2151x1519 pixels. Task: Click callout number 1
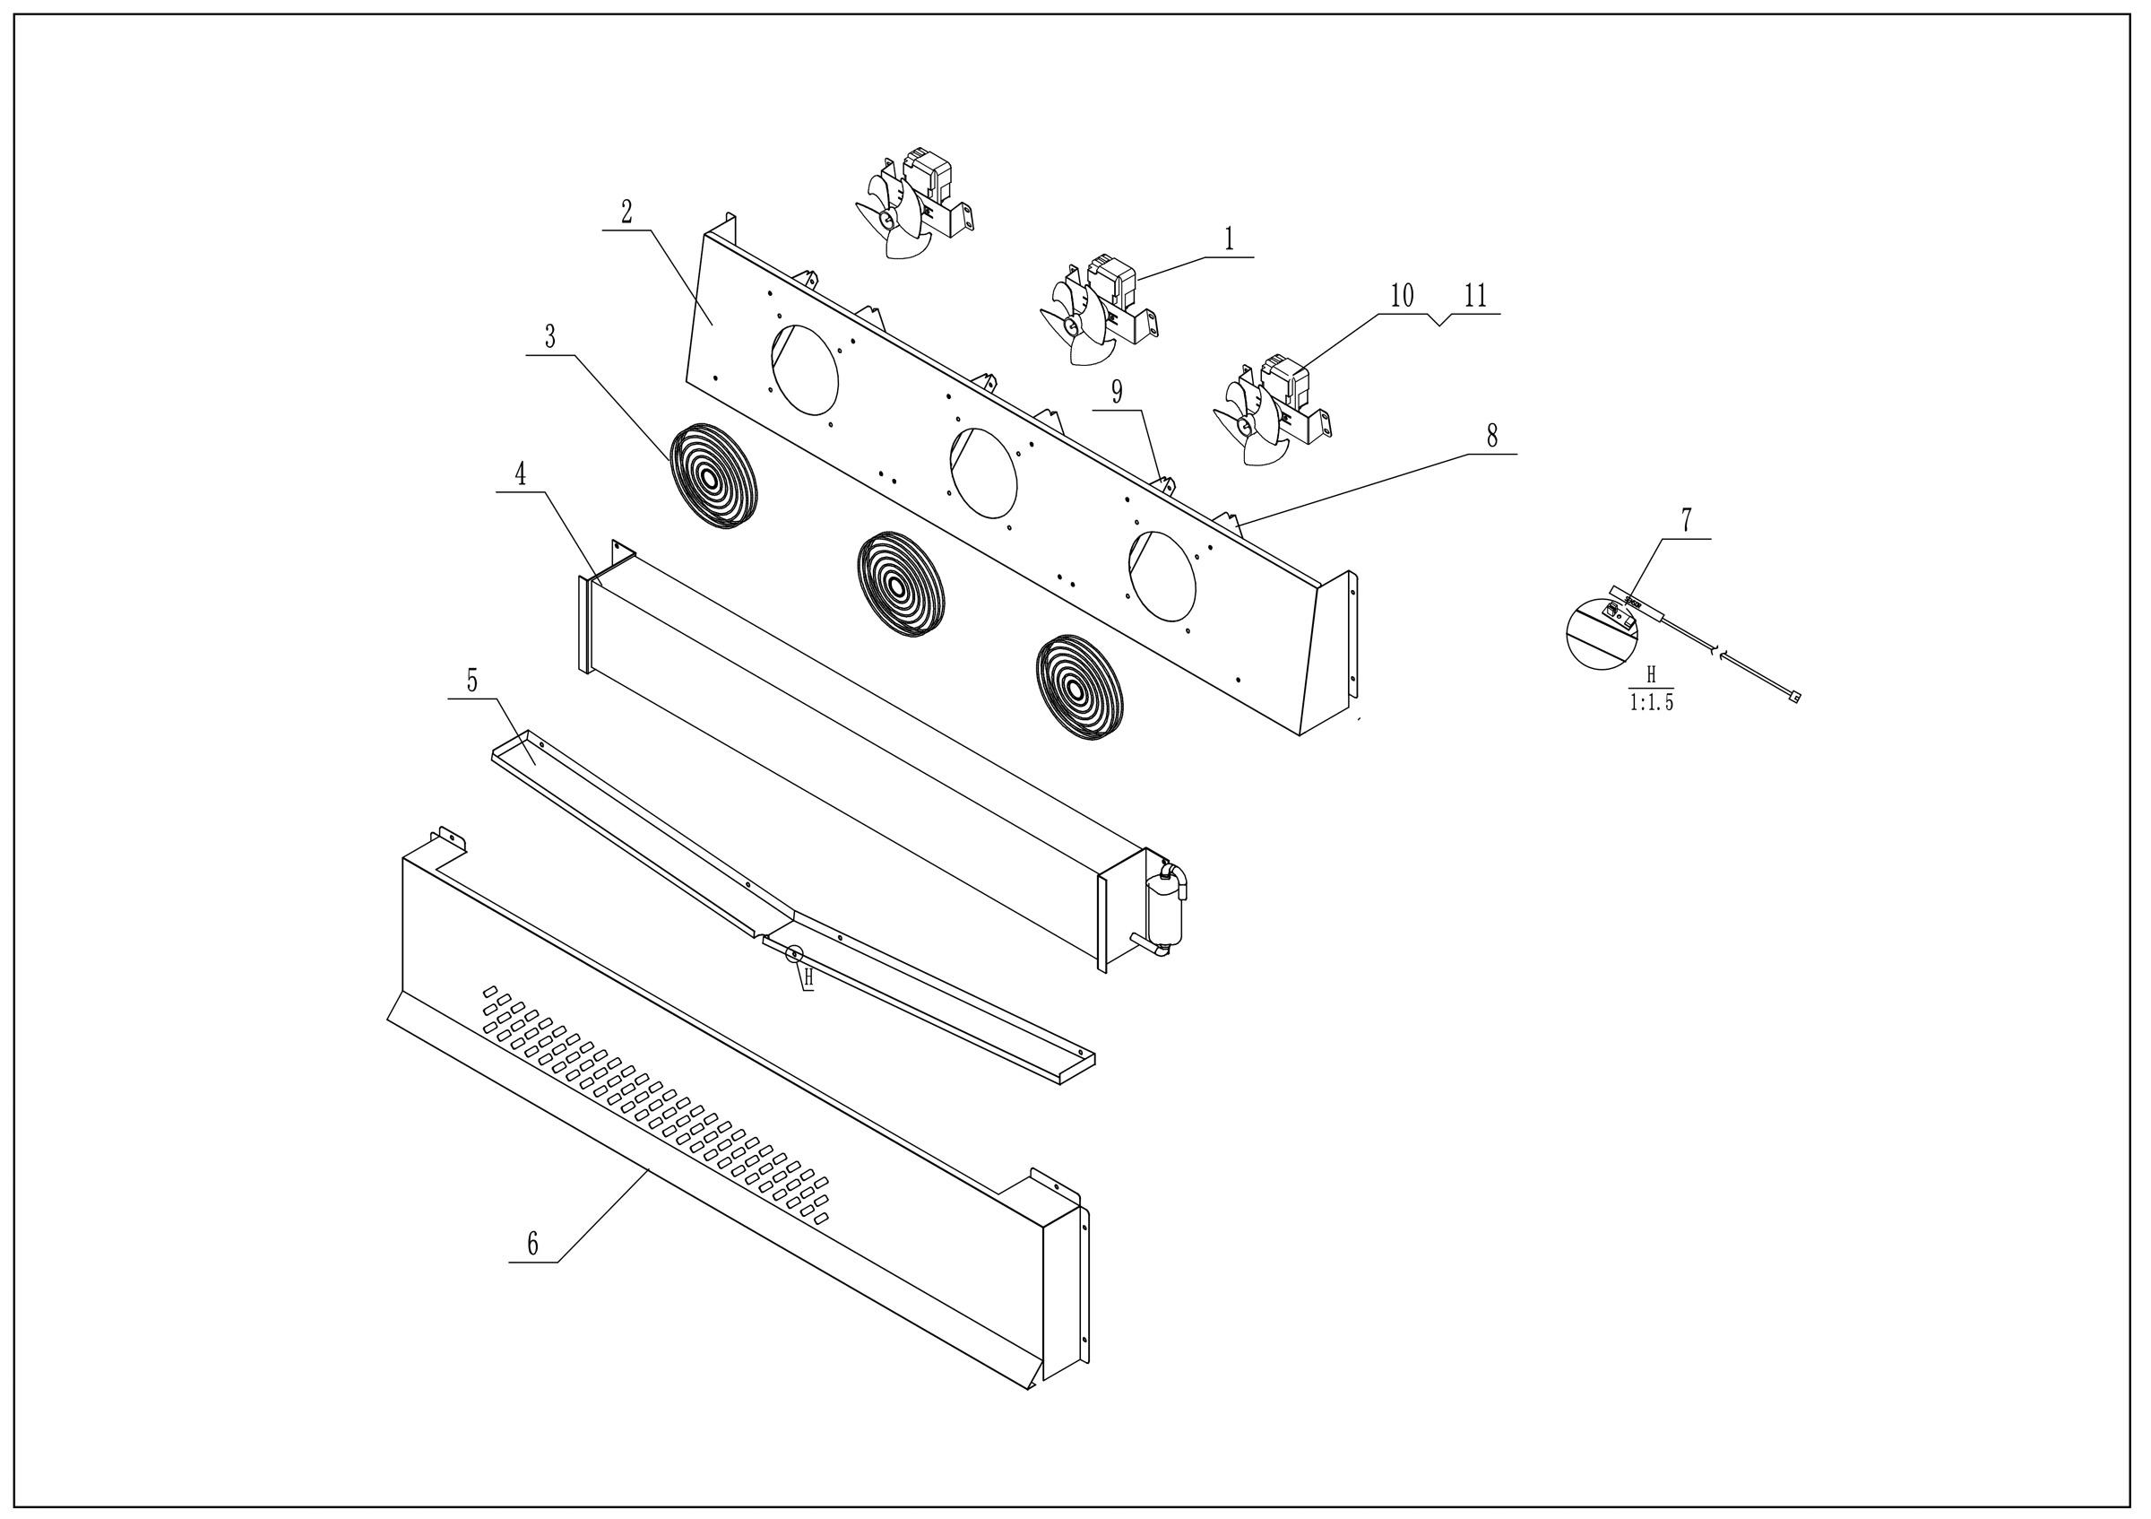[x=1229, y=240]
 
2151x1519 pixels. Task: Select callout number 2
[x=626, y=213]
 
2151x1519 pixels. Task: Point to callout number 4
[x=520, y=475]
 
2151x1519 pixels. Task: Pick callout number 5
[x=472, y=681]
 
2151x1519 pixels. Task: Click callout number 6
[x=533, y=1245]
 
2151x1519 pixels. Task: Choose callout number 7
[x=1687, y=521]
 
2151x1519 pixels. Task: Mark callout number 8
[x=1491, y=436]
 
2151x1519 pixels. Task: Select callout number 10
[x=1402, y=296]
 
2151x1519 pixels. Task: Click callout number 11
[x=1475, y=296]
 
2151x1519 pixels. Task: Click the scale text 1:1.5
[x=1651, y=703]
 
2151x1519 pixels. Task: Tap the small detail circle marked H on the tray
[x=794, y=954]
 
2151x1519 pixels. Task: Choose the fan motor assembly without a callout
[x=914, y=203]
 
